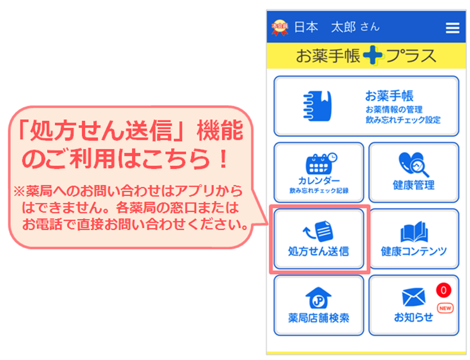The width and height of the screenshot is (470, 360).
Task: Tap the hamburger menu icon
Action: [453, 28]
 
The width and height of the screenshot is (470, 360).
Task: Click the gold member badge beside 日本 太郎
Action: [279, 28]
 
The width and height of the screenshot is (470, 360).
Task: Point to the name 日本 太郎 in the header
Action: [325, 27]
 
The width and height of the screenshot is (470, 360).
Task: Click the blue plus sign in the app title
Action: [373, 55]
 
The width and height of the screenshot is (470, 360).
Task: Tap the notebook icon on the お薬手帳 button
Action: [317, 106]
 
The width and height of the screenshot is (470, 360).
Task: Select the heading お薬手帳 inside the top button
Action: [389, 96]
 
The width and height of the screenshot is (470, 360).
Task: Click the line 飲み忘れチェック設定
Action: [403, 120]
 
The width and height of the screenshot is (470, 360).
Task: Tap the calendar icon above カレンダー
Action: [321, 163]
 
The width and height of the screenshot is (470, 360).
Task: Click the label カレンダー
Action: [319, 180]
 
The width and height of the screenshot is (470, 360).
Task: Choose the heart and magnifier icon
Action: [414, 164]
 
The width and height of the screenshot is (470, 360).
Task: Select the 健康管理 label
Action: [414, 185]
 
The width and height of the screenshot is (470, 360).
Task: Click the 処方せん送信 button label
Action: [319, 251]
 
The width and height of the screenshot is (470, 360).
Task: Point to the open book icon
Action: [414, 232]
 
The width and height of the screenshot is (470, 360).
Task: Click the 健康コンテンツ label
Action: [414, 251]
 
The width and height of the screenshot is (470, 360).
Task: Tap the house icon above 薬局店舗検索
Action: [319, 297]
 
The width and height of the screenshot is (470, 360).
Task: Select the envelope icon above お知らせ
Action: [414, 297]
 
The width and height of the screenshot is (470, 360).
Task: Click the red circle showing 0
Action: [444, 290]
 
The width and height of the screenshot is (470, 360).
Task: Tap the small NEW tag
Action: [445, 308]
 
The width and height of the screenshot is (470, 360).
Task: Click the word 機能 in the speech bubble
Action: [220, 130]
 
